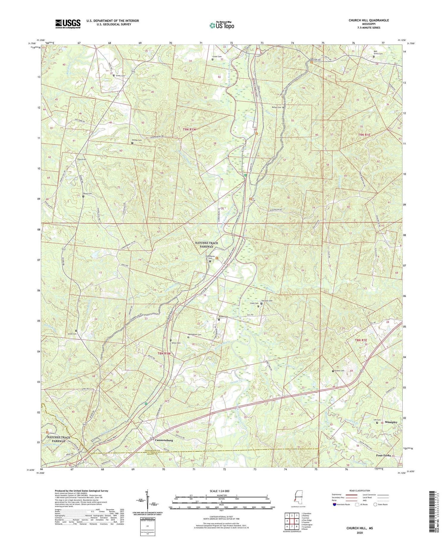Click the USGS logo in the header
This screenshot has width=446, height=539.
point(68,24)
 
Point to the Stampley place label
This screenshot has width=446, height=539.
point(391,422)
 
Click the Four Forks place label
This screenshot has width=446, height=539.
point(384,455)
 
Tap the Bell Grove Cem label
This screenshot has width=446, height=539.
point(378,53)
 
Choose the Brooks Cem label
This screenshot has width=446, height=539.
point(136,140)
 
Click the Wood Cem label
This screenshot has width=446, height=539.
point(87,194)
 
